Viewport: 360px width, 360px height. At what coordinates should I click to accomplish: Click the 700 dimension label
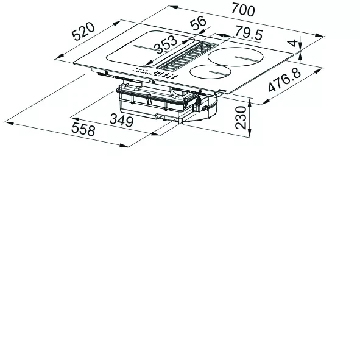pos(243,10)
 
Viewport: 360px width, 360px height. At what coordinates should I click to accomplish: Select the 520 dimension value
pos(83,32)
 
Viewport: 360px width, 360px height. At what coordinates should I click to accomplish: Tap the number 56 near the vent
pos(199,23)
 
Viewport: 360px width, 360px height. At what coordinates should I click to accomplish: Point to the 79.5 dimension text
pos(249,34)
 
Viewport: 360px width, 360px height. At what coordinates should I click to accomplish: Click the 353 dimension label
pos(166,44)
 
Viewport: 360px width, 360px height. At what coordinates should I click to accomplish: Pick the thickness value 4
pos(293,43)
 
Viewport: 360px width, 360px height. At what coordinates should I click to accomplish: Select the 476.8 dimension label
pos(284,80)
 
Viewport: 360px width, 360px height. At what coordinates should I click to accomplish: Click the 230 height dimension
pos(241,118)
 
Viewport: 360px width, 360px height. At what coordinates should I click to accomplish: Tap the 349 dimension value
pos(121,120)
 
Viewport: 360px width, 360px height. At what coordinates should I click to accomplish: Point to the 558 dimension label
pos(83,129)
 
